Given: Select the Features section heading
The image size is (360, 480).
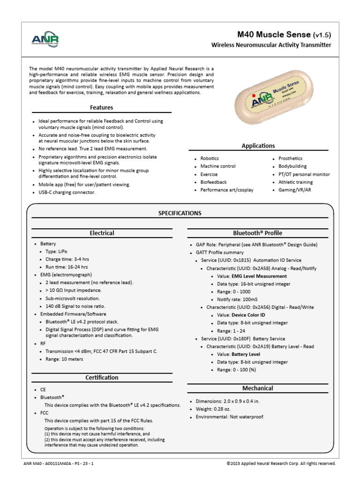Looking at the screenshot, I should pyautogui.click(x=102, y=107).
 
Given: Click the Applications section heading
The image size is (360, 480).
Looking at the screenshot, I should pyautogui.click(x=258, y=146).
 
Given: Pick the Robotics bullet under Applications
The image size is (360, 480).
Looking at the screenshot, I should pyautogui.click(x=210, y=158).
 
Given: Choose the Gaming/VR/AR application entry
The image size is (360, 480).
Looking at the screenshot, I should pyautogui.click(x=295, y=190).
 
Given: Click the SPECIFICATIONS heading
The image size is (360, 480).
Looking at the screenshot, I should pyautogui.click(x=180, y=213).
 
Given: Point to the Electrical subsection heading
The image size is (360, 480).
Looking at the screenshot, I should pyautogui.click(x=102, y=233).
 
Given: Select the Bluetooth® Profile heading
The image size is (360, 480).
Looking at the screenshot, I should pyautogui.click(x=258, y=233).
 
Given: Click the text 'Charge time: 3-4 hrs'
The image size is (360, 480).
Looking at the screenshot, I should pyautogui.click(x=67, y=259).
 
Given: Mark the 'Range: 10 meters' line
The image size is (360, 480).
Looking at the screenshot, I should pyautogui.click(x=64, y=359).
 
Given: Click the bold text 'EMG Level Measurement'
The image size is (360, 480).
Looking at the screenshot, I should pyautogui.click(x=259, y=276).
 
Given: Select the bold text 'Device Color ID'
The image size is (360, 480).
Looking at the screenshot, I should pyautogui.click(x=255, y=315).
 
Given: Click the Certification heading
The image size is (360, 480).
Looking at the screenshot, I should pyautogui.click(x=102, y=377).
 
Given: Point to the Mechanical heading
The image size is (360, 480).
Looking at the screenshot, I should pyautogui.click(x=258, y=388).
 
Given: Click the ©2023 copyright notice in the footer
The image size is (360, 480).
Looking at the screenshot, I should pyautogui.click(x=281, y=463).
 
